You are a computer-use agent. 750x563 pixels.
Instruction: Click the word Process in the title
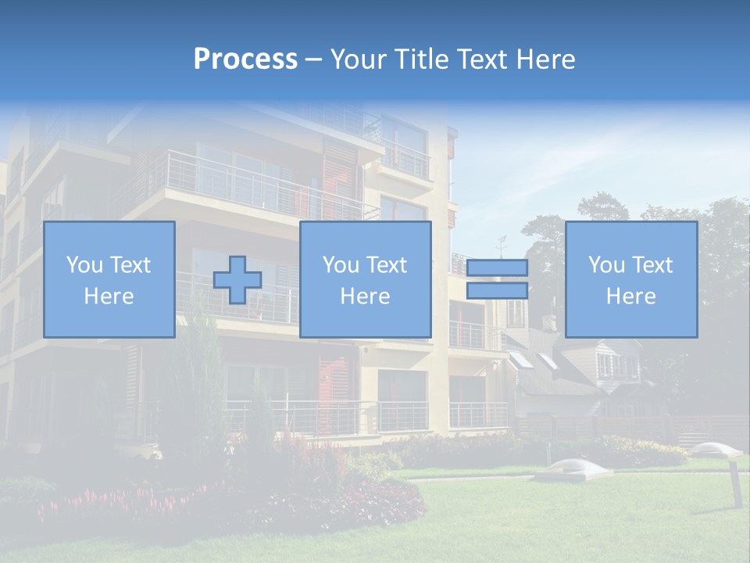(245, 59)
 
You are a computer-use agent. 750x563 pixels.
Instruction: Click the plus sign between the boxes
(237, 280)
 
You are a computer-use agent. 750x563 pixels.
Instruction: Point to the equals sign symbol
(497, 279)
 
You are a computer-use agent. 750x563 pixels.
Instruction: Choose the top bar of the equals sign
(497, 268)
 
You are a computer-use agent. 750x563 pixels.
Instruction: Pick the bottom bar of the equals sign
(497, 290)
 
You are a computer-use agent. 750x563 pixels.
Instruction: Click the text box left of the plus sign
(109, 279)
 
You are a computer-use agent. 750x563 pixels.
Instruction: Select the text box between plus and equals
(365, 279)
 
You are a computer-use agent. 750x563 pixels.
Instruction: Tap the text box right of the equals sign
(630, 279)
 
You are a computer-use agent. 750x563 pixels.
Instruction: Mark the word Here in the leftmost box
(109, 296)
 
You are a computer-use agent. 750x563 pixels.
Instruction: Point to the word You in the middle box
(341, 265)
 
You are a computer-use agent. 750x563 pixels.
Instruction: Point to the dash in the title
(314, 59)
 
